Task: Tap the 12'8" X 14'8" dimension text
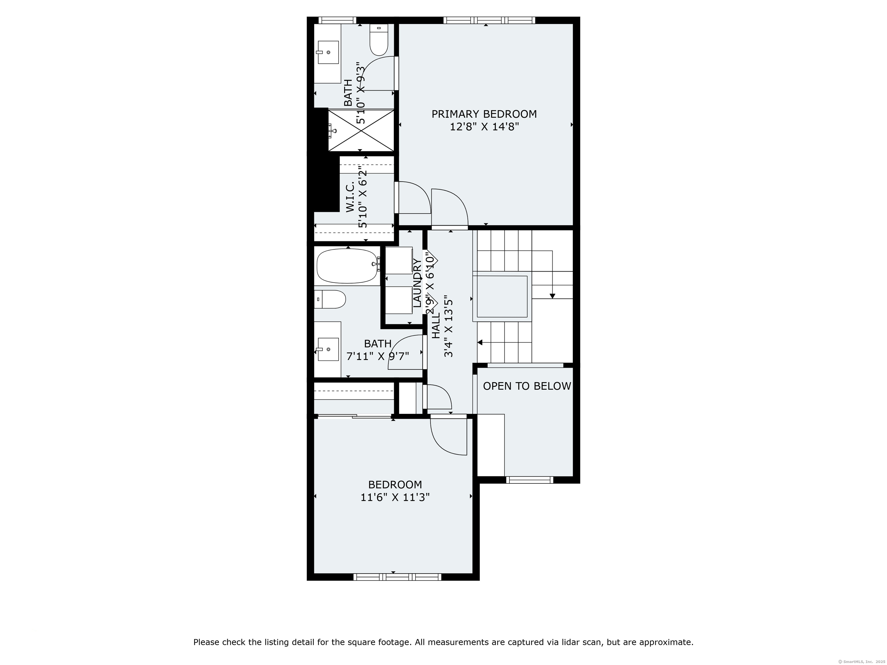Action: coord(484,127)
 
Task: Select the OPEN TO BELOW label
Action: coord(526,386)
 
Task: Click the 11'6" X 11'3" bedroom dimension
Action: coord(395,497)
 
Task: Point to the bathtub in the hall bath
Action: coord(347,266)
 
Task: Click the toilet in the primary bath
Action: coord(379,40)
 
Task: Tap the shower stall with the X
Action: coord(361,130)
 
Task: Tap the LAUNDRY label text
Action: coord(417,283)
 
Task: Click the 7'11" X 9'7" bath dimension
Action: coord(377,356)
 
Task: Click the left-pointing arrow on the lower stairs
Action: coord(480,342)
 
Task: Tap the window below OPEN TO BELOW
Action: coord(529,480)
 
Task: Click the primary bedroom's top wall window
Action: coord(489,20)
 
